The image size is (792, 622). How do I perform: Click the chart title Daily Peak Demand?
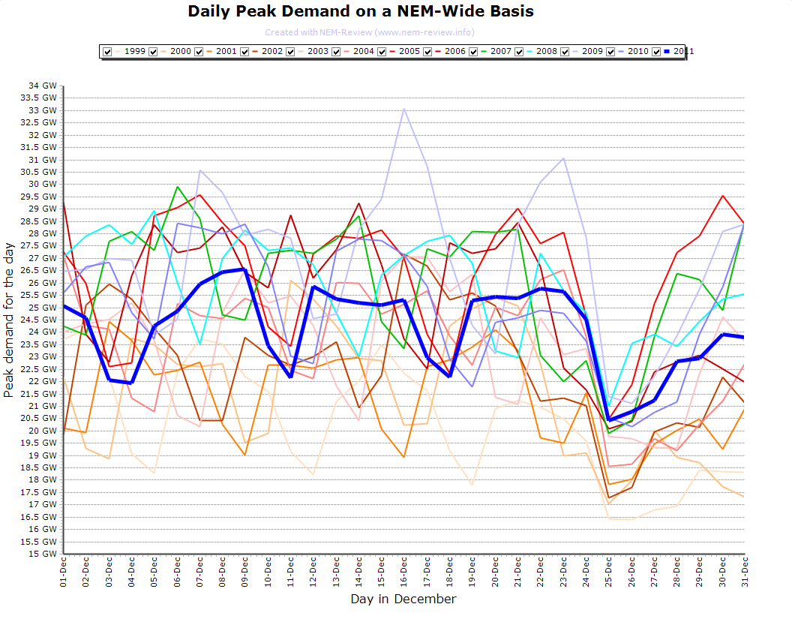(x=361, y=11)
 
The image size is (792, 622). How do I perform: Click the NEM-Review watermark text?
(x=369, y=32)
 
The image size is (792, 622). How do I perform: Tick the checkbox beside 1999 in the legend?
(x=108, y=51)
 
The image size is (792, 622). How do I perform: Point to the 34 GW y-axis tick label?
(x=42, y=86)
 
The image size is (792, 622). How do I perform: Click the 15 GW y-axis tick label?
(x=42, y=554)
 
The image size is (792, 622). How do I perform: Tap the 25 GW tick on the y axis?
(x=42, y=308)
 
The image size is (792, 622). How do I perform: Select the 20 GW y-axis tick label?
(x=42, y=431)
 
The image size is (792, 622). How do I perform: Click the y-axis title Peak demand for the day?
(x=9, y=319)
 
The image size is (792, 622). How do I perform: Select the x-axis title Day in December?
(x=403, y=599)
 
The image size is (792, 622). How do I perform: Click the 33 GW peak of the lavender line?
(x=404, y=109)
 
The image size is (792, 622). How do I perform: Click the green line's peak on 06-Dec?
(x=177, y=187)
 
